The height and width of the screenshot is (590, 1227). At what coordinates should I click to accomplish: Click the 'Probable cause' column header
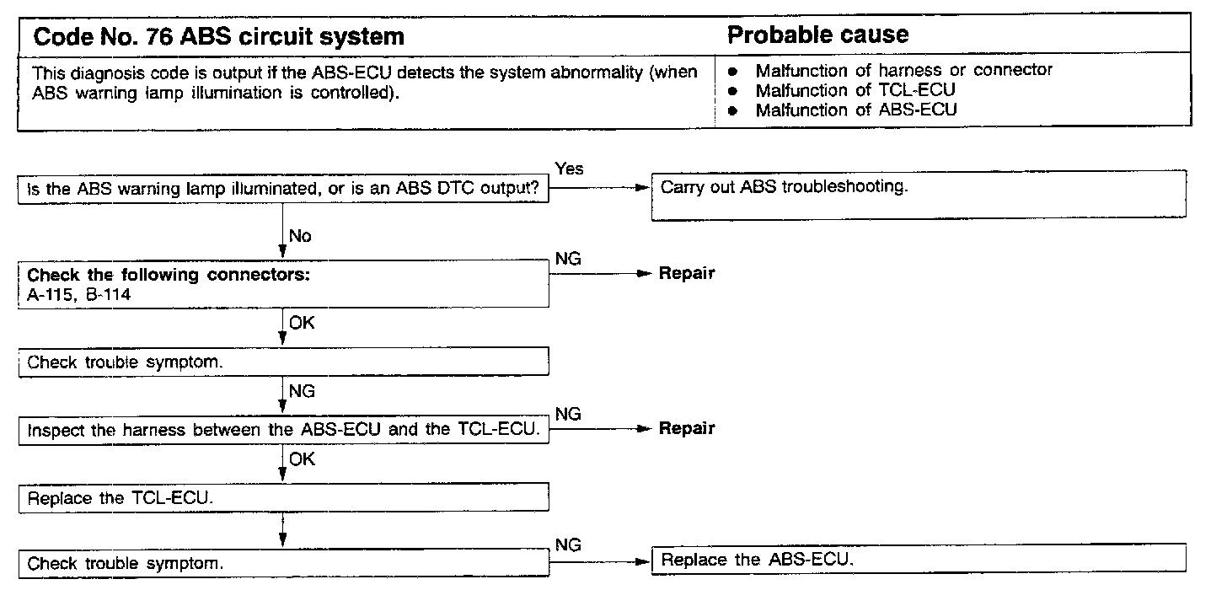coord(817,35)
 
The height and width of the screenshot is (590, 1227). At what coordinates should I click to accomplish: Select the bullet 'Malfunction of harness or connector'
coord(903,71)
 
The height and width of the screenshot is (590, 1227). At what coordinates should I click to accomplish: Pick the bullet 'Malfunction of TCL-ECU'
coord(855,90)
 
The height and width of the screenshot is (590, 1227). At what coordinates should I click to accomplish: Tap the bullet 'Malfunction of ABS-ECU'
coord(855,110)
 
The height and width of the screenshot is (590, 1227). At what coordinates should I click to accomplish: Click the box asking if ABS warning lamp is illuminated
coord(283,190)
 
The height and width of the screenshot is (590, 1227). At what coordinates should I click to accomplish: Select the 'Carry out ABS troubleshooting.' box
coord(919,194)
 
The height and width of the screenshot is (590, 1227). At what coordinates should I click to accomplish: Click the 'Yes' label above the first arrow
coord(570,169)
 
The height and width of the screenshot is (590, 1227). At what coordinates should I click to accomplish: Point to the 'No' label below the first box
coord(300,237)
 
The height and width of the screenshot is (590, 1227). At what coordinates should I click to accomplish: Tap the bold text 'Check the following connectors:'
coord(169,276)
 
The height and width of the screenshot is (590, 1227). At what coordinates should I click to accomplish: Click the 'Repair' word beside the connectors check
coord(687,274)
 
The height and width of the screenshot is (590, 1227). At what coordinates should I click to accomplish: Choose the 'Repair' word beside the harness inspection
coord(687,428)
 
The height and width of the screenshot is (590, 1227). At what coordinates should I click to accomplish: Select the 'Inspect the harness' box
coord(283,431)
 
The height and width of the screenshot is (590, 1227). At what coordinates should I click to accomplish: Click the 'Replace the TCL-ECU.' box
coord(283,498)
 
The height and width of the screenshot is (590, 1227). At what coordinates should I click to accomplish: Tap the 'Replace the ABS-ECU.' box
coord(919,559)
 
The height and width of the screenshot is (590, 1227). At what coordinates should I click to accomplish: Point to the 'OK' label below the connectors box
coord(302,323)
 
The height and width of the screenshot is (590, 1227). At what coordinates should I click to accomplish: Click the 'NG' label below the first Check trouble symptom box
coord(302,391)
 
